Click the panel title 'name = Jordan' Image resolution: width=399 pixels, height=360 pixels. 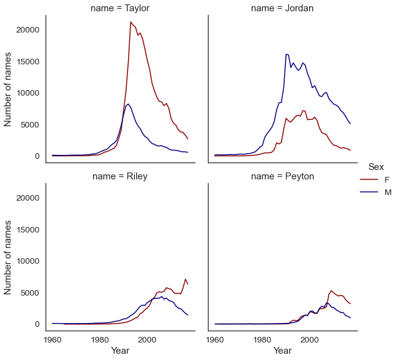point(282,8)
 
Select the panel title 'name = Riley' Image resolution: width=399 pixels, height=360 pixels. point(120,176)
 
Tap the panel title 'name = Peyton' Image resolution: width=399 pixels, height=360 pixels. point(282,176)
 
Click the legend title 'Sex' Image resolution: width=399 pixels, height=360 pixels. point(376,166)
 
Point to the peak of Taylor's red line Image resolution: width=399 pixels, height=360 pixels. point(131,22)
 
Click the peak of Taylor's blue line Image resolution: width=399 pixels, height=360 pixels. point(128,104)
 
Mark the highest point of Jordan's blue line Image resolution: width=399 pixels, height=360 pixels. point(286,54)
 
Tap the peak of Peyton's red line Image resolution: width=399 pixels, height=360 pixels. point(331,291)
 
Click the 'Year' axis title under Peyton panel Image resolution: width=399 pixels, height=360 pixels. point(282,351)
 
